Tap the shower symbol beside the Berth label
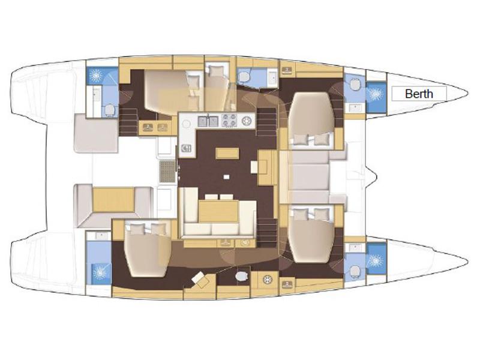[376, 94]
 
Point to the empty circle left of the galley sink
[189, 121]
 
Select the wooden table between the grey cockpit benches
[114, 199]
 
